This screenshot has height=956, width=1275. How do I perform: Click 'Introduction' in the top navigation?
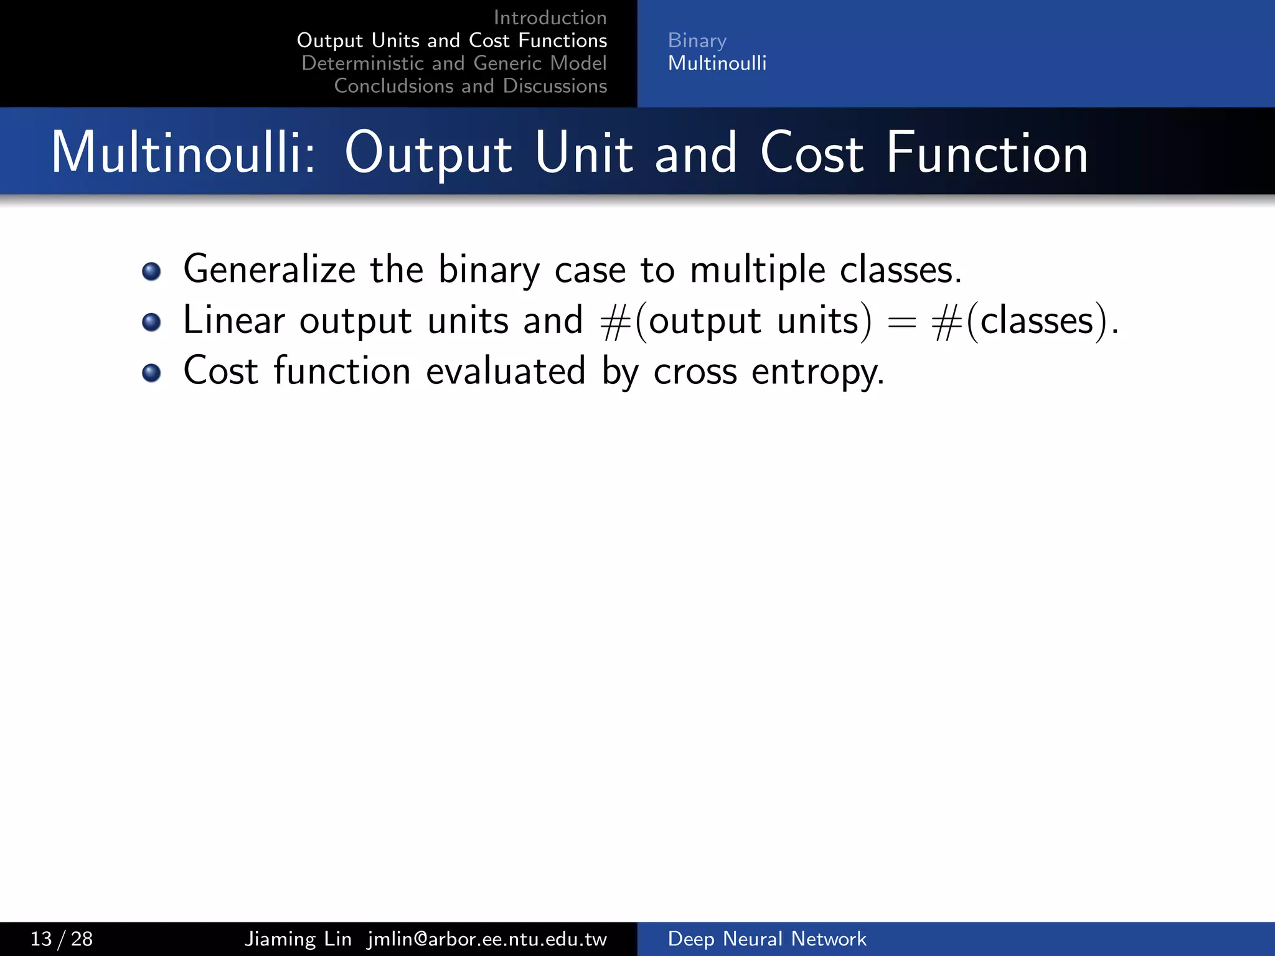coord(550,17)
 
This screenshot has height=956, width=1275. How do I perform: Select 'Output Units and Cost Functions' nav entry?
coord(452,40)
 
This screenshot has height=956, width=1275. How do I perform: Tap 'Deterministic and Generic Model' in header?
coord(454,63)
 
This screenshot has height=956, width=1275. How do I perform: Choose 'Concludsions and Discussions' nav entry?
coord(470,86)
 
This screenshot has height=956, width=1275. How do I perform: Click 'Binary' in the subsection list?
coord(697,40)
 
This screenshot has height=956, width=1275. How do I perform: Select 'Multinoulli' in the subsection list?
coord(717,63)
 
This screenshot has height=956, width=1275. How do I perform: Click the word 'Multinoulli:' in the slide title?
coord(184,153)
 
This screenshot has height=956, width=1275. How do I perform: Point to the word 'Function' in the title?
coord(986,153)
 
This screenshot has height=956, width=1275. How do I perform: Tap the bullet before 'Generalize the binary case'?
coord(151,271)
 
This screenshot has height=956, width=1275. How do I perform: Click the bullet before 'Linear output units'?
coord(151,322)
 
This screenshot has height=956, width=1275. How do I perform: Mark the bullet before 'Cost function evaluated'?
coord(151,373)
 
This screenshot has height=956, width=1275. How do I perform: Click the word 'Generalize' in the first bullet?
coord(269,270)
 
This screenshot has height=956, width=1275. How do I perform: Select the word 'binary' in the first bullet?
coord(489,270)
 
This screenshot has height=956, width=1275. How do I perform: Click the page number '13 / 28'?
coord(61,939)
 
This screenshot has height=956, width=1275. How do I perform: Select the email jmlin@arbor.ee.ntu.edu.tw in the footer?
coord(487,939)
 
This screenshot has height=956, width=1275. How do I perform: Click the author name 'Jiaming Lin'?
coord(298,939)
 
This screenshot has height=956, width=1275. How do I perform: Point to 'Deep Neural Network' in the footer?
coord(766,939)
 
